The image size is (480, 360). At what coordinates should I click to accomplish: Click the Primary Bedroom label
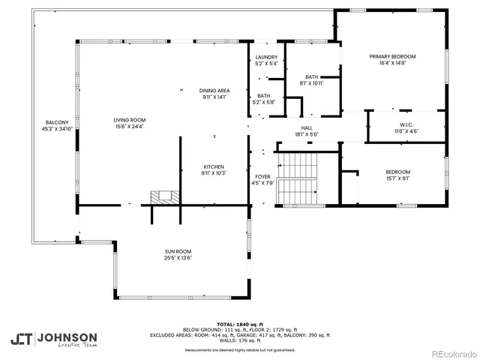coord(391,56)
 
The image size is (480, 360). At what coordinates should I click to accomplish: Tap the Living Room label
coord(129,120)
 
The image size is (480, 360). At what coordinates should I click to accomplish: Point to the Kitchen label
coord(214,166)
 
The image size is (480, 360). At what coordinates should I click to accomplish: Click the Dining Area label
coord(214,91)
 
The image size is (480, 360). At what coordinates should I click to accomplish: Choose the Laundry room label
coord(266,57)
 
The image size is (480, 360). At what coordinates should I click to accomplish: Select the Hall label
coord(307,128)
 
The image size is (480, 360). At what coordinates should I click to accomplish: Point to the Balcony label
coord(57,122)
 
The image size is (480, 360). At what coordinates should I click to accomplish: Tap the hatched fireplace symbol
coord(163,196)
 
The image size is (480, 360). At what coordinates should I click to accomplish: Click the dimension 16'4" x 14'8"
coord(391,64)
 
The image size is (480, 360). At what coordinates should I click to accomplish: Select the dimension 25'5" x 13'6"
coord(178,258)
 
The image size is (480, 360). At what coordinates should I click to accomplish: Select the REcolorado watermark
coord(448,353)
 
